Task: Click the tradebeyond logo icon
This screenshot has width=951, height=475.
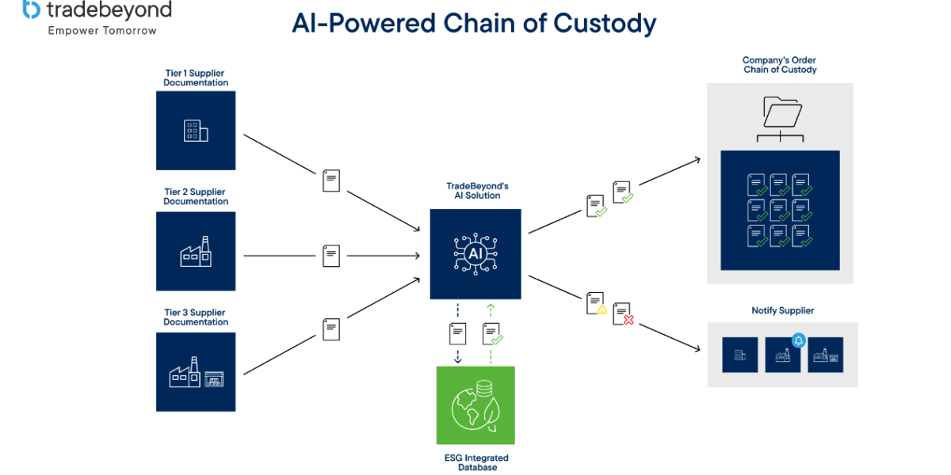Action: [31, 9]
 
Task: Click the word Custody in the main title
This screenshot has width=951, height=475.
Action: [605, 23]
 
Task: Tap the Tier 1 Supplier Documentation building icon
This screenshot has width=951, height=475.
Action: [196, 131]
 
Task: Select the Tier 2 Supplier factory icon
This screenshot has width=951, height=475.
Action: [196, 252]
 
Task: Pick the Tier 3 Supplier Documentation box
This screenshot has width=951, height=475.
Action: [196, 372]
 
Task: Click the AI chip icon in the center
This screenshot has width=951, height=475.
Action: [475, 253]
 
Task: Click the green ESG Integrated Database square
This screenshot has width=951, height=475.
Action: [475, 405]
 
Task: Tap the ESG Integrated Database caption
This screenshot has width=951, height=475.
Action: [475, 462]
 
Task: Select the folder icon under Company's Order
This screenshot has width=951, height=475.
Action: [781, 112]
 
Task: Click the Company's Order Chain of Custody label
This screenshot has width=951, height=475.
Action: [780, 65]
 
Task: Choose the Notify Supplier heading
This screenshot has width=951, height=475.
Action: [782, 310]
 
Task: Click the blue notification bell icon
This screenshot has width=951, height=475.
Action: [798, 341]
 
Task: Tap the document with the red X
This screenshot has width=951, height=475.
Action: [623, 313]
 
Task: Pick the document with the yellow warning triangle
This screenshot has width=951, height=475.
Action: [596, 304]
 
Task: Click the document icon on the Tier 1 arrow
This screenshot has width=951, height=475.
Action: [331, 180]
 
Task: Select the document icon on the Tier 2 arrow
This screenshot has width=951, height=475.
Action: [331, 256]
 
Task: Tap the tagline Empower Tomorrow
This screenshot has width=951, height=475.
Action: [102, 31]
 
